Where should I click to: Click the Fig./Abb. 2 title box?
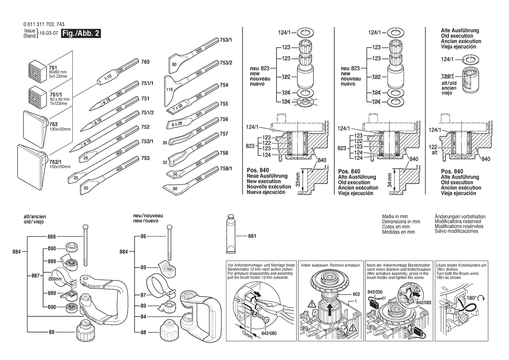click(81, 34)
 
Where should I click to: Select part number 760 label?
click(145, 62)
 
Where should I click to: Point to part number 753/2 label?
click(226, 62)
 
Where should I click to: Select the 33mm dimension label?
click(298, 179)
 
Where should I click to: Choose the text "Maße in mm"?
click(394, 217)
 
